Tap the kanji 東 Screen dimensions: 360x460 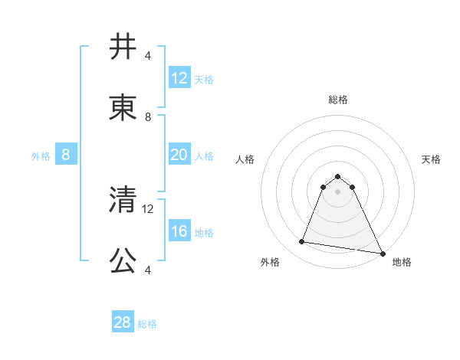click(123, 110)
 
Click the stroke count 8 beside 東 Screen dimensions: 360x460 click(148, 117)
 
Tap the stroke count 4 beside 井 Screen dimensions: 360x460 click(148, 56)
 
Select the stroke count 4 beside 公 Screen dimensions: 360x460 click(148, 270)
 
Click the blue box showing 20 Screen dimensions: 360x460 click(179, 155)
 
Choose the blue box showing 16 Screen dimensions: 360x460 click(179, 231)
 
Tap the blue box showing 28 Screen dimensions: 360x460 click(122, 322)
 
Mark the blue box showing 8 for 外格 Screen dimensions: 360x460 click(66, 155)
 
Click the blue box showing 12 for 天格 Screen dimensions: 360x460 click(179, 78)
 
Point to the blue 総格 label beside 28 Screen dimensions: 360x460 click(147, 324)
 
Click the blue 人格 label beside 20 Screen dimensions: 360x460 click(204, 155)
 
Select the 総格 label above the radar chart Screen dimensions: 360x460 click(338, 100)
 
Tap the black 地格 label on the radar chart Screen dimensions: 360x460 click(402, 262)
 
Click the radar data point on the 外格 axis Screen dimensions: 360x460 click(302, 242)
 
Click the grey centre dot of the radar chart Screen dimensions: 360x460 click(338, 191)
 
